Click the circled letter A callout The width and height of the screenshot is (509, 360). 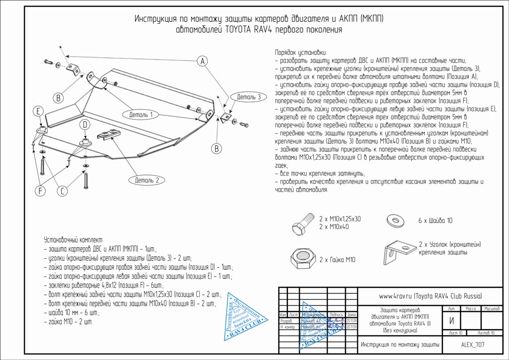(x=202, y=61)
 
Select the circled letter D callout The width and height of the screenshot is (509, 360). (x=85, y=124)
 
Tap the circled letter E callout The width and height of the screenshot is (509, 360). (x=38, y=111)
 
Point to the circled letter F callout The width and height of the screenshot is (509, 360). (x=40, y=190)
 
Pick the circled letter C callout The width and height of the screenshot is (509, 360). (x=62, y=190)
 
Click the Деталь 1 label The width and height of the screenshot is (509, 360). (x=141, y=115)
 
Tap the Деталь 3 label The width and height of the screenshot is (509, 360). (x=249, y=97)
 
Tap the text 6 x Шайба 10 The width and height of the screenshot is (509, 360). (x=435, y=220)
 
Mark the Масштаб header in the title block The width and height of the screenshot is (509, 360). (x=491, y=309)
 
